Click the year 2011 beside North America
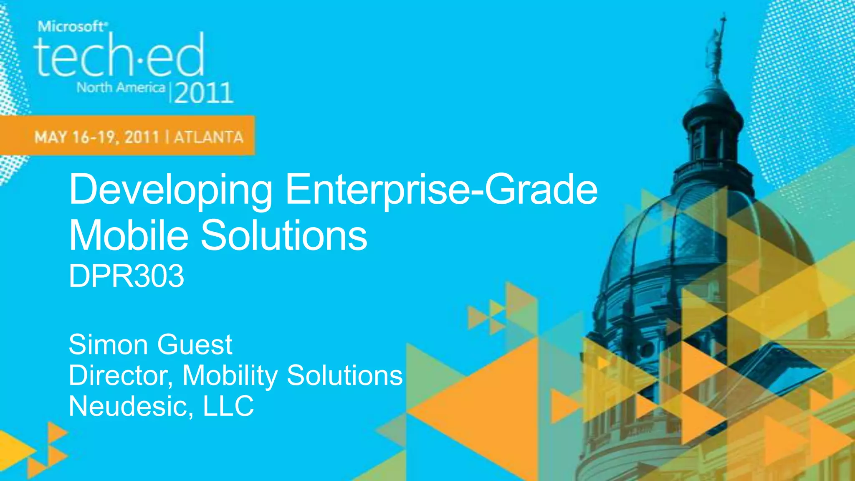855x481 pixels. click(x=203, y=93)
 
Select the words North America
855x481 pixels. click(x=121, y=88)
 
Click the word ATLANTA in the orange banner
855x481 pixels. click(x=208, y=137)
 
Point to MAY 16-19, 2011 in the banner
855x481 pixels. click(x=97, y=137)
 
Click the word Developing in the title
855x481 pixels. click(x=171, y=190)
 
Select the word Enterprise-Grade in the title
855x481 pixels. click(x=441, y=190)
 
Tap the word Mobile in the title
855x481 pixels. click(x=129, y=235)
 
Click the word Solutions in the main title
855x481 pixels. click(x=284, y=235)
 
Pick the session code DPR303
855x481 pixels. click(x=126, y=276)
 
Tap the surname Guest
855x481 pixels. click(x=195, y=345)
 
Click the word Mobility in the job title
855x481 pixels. click(x=230, y=375)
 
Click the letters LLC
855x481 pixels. click(x=228, y=406)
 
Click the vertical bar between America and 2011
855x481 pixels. click(x=169, y=92)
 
